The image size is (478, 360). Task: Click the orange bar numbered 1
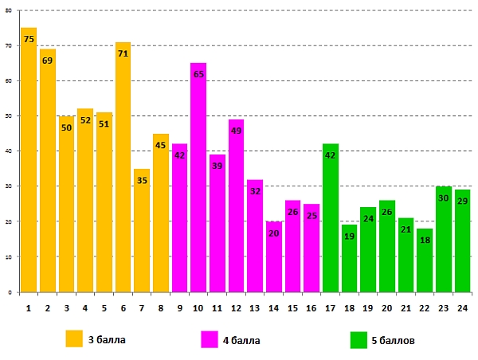click(x=29, y=159)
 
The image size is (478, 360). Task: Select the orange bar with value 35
click(x=142, y=230)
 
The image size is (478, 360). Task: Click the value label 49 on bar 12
click(x=236, y=131)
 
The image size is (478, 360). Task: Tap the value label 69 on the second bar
click(x=47, y=61)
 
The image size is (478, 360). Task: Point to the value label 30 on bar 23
click(x=443, y=198)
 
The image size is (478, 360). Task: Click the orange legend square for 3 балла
click(x=75, y=339)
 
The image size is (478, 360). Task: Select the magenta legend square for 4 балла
click(x=210, y=339)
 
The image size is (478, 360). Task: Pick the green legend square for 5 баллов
click(x=358, y=339)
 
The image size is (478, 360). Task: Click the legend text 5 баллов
click(x=393, y=340)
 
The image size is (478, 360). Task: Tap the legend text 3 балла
click(x=107, y=340)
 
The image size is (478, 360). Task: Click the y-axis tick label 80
click(x=8, y=11)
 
